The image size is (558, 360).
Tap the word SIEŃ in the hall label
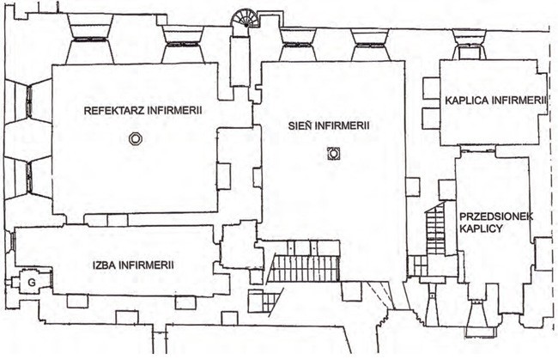click(300, 125)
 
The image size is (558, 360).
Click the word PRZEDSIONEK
click(496, 217)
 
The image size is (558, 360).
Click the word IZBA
click(104, 265)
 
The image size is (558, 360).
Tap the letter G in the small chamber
click(32, 283)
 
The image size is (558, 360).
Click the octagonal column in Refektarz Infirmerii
click(136, 138)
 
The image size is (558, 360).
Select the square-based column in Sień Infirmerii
click(334, 154)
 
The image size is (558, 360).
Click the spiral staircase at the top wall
click(244, 20)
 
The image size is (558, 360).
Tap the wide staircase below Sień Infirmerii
click(303, 268)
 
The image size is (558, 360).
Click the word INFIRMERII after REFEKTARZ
click(175, 110)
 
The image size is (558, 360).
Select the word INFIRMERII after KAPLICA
click(519, 101)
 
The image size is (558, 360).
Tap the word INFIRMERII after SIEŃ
click(342, 125)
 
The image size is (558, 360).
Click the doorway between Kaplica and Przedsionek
click(477, 149)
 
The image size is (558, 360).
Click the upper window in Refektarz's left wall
click(29, 101)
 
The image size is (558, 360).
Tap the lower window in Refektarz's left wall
click(29, 177)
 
